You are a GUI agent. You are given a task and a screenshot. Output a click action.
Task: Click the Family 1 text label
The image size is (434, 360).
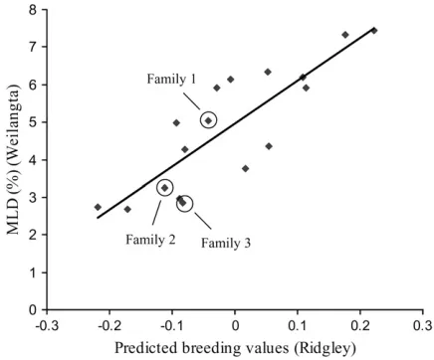[x=171, y=80]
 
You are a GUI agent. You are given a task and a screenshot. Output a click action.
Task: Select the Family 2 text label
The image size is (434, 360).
[x=150, y=239]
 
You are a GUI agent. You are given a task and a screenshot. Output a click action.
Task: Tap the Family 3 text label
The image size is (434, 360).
[x=226, y=243]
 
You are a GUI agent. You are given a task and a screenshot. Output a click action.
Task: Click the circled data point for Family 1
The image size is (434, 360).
[x=208, y=120]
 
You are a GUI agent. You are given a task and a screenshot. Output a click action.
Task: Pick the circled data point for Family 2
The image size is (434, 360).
[x=165, y=188]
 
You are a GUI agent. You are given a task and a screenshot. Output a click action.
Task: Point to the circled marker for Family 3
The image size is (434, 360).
[x=183, y=203]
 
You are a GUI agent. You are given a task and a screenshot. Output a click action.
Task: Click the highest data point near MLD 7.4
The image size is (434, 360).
[x=374, y=31]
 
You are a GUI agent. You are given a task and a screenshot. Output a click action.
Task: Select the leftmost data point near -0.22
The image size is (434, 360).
[x=98, y=207]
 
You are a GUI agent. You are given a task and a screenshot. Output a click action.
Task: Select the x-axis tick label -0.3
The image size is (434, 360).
[x=47, y=326]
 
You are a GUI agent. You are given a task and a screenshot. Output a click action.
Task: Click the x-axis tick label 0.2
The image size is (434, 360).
[x=360, y=326]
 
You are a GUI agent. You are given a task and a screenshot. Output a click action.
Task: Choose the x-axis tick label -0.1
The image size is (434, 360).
[x=172, y=326]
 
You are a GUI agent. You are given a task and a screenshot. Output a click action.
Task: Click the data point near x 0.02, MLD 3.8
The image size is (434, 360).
[x=246, y=168]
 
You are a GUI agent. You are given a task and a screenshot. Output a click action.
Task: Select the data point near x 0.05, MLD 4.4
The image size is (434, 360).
[x=269, y=146]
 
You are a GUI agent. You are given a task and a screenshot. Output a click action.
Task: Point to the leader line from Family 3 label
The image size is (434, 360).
[x=203, y=221]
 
